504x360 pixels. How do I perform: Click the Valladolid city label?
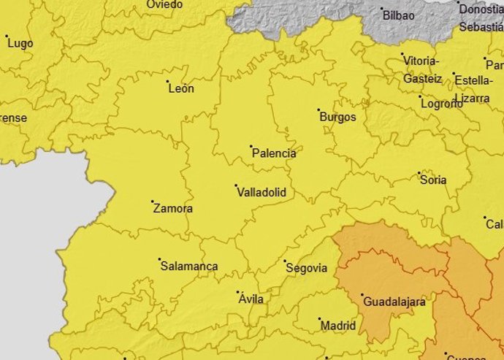(x=261, y=193)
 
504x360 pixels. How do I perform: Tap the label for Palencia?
(x=273, y=153)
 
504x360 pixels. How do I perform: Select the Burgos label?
(x=337, y=117)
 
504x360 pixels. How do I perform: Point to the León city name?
(x=181, y=89)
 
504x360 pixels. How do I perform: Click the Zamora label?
(x=173, y=209)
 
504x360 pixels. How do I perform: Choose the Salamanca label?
(x=189, y=267)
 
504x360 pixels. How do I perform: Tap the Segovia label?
(x=306, y=268)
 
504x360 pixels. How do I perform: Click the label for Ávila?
(x=249, y=299)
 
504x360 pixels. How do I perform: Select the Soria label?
(x=433, y=180)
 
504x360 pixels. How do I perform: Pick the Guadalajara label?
(x=394, y=300)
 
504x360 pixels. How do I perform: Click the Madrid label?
(x=338, y=326)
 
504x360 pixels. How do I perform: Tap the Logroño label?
(x=442, y=104)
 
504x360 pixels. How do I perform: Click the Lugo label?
(x=20, y=44)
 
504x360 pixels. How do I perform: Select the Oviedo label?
(x=164, y=5)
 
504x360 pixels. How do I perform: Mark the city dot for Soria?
(x=419, y=173)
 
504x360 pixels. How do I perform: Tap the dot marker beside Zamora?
(x=153, y=202)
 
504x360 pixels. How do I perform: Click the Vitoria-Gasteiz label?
(x=422, y=69)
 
